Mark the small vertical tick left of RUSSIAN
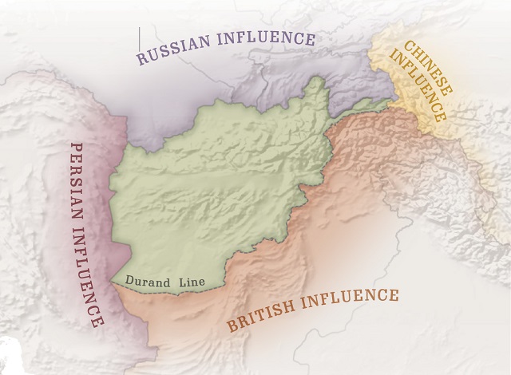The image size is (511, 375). [x=139, y=36]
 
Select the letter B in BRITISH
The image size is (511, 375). [x=233, y=325]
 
